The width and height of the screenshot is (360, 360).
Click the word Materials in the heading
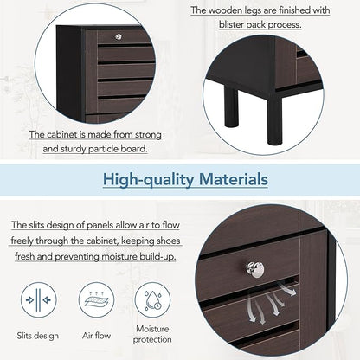234,179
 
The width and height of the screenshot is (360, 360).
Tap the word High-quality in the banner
149,180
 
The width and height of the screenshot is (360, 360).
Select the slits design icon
39,300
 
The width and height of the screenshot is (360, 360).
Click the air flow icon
96,300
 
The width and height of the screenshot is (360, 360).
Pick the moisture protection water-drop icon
152,300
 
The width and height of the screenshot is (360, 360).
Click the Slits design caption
38,336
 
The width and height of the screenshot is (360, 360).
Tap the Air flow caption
96,336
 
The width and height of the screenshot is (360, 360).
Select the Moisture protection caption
152,334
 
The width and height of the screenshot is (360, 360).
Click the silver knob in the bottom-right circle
255,269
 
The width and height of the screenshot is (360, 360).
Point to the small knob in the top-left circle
119,36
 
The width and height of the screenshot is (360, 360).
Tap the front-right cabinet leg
274,119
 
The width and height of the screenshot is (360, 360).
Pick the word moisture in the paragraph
120,256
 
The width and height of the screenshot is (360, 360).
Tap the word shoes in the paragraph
168,241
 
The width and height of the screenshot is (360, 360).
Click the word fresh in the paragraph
25,256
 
